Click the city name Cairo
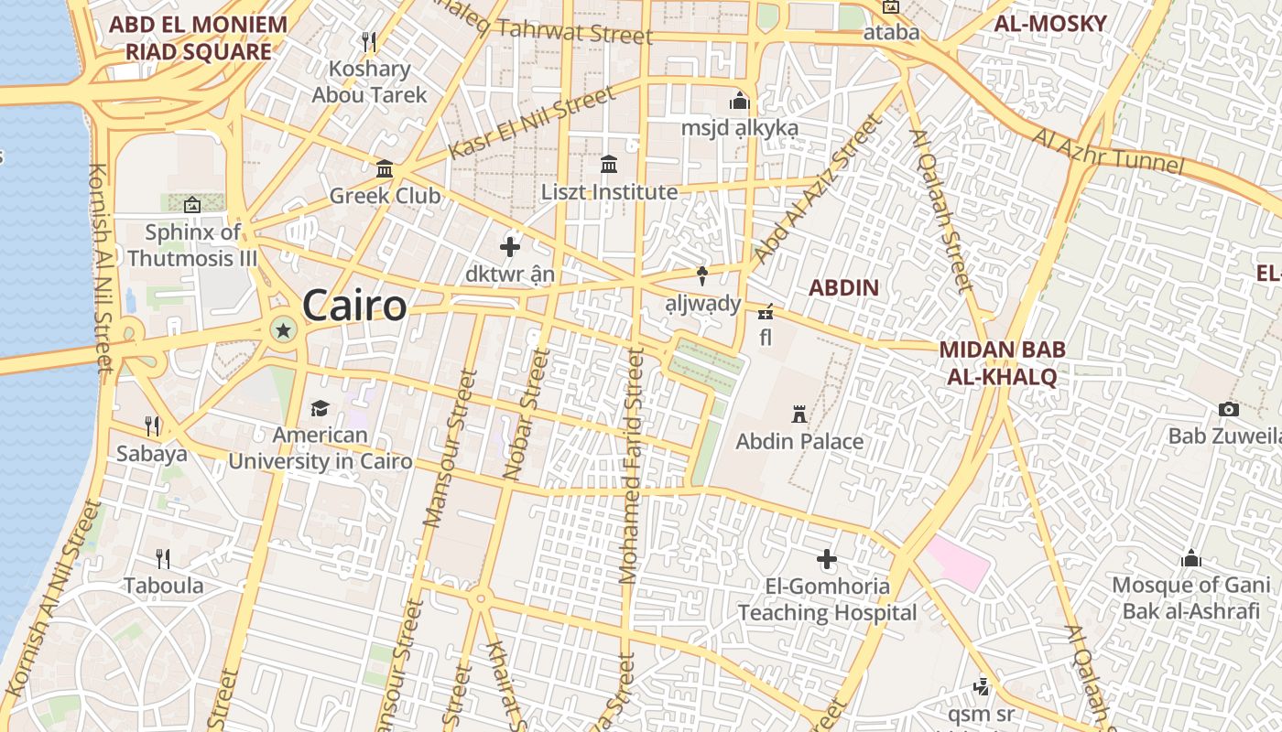pos(354,306)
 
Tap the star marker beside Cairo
pos(284,330)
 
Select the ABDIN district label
pos(843,287)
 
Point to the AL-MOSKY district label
pos(1050,24)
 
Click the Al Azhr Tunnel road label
pos(1108,152)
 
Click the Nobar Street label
pos(527,414)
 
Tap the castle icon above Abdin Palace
pos(799,414)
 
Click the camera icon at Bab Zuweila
pos(1229,409)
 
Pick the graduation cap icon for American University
pos(320,408)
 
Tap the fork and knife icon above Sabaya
pos(152,425)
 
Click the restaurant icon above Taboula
pos(163,558)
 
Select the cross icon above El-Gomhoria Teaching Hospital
pos(827,558)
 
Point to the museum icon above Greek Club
pos(385,169)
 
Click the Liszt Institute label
pos(609,192)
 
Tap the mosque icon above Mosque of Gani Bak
pos(1190,557)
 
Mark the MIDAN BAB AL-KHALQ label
pos(1002,362)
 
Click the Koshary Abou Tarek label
pos(369,81)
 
